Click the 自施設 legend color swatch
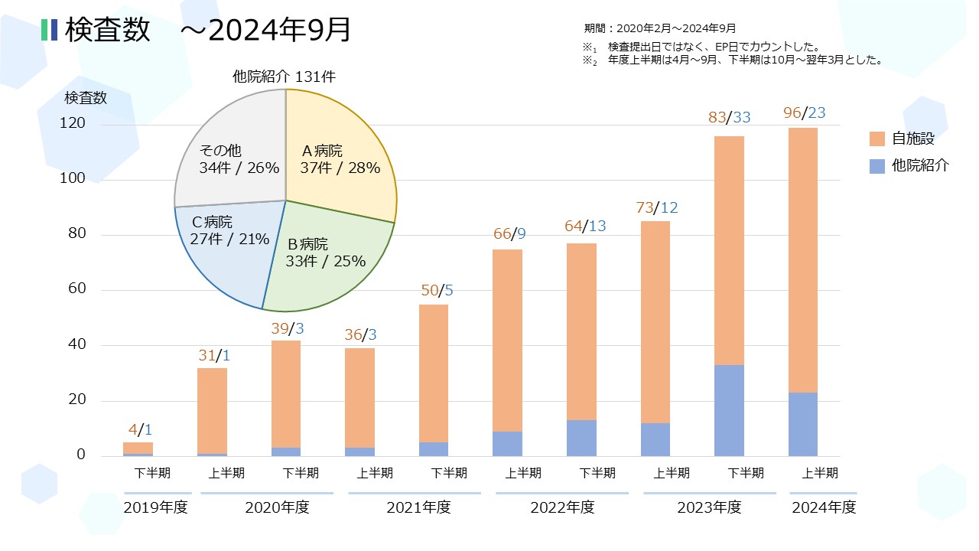pos(877,139)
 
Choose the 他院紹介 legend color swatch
pos(877,165)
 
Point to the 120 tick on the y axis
pos(74,124)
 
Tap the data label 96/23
pos(804,113)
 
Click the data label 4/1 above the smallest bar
pos(138,429)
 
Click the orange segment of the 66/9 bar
pos(507,341)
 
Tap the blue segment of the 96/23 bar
pos(803,424)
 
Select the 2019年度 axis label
pos(155,507)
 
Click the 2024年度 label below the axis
pos(823,507)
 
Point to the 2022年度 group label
pos(562,507)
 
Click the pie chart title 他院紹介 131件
pos(284,77)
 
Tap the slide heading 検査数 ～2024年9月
pos(207,30)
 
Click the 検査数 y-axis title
pos(86,98)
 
